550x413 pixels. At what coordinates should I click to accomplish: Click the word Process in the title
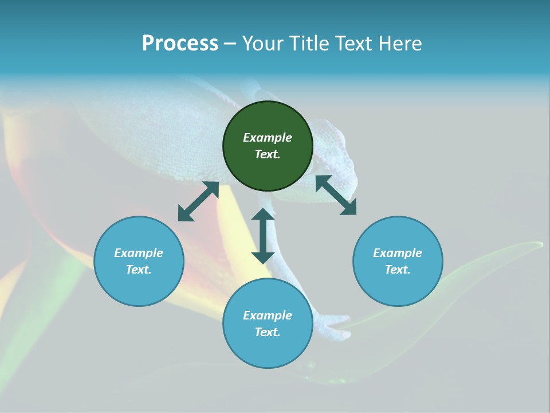coord(180,44)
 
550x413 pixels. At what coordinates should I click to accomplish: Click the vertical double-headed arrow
coord(263,236)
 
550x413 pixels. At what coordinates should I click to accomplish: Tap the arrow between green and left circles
coord(198,201)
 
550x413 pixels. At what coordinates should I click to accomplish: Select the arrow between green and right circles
coord(336,195)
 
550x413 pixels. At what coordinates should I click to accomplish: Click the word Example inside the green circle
coord(268,138)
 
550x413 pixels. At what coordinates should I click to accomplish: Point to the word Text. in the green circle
coord(268,154)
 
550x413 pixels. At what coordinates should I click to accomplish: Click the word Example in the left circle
coord(139,253)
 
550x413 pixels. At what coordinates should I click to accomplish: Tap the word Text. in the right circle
coord(398,270)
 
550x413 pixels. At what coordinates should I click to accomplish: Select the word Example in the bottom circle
coord(268,315)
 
